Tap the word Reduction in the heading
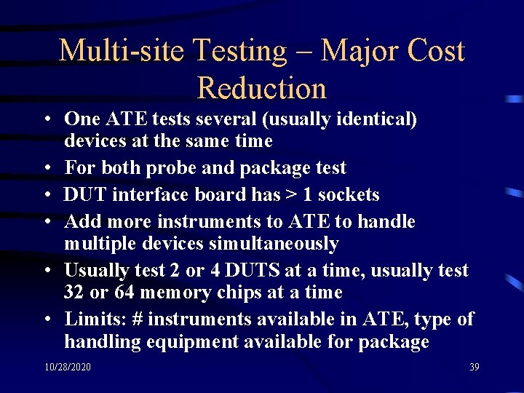point(262,89)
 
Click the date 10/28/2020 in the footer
point(67,367)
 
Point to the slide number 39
point(475,367)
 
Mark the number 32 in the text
point(76,293)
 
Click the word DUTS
point(253,271)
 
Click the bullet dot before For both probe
point(46,169)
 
